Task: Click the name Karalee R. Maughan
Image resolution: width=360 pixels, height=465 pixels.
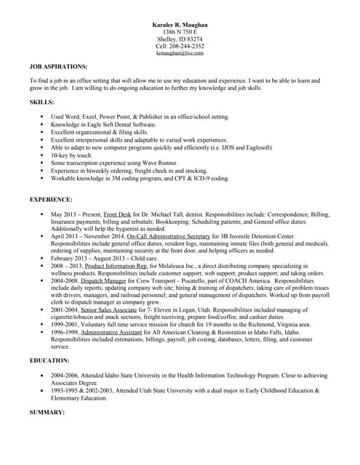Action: pyautogui.click(x=180, y=25)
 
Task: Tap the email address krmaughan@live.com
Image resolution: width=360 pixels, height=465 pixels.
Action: pyautogui.click(x=180, y=53)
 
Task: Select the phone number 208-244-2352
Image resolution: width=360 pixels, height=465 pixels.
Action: pyautogui.click(x=187, y=46)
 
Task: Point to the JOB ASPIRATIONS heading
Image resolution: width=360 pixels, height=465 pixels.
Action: pyautogui.click(x=58, y=66)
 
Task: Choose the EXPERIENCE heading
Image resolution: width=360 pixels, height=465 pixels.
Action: pyautogui.click(x=51, y=199)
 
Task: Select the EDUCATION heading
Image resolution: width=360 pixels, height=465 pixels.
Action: pyautogui.click(x=49, y=360)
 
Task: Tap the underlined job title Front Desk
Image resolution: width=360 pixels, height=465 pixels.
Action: pyautogui.click(x=118, y=215)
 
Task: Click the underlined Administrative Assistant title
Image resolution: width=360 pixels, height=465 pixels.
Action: pyautogui.click(x=117, y=331)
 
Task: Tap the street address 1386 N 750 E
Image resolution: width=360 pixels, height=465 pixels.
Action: pyautogui.click(x=180, y=32)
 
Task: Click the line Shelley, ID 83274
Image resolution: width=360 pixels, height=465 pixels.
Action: pyautogui.click(x=180, y=39)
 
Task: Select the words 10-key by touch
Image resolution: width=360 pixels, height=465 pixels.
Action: pyautogui.click(x=71, y=155)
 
